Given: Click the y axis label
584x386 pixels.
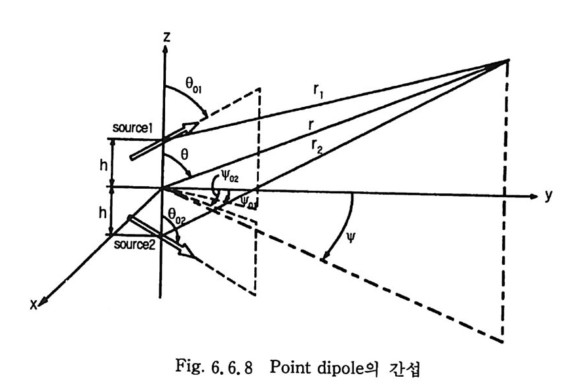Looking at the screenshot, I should pos(548,197).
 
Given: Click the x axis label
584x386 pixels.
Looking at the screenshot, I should pos(33,303).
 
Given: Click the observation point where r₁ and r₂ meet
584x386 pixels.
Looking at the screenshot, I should pos(506,61).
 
